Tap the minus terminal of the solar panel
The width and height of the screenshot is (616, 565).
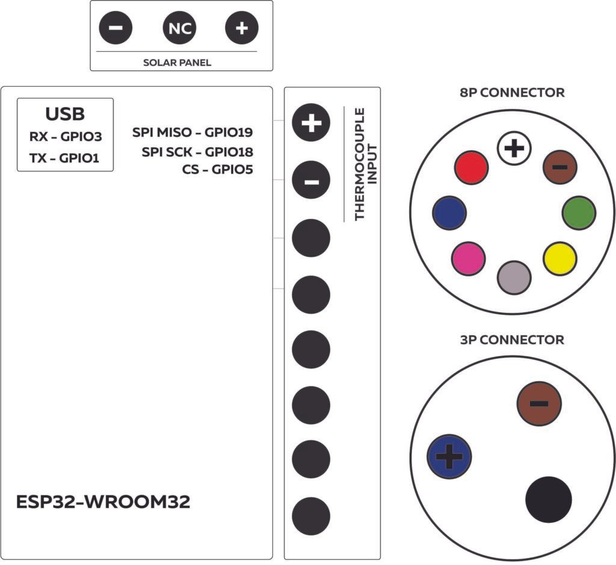[116, 28]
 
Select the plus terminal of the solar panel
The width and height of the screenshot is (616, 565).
[241, 28]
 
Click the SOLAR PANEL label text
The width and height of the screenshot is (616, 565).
[177, 63]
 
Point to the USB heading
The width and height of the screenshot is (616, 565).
[65, 114]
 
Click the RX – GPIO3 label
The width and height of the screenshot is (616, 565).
[66, 137]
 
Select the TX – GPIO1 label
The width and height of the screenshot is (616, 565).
[66, 159]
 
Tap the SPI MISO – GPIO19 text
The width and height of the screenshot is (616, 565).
[192, 132]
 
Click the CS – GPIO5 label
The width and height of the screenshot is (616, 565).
[217, 169]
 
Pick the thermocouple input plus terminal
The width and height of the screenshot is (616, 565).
[311, 123]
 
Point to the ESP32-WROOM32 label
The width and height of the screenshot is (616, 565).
[103, 502]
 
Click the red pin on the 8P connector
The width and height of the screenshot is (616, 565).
[471, 168]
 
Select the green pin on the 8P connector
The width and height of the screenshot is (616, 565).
[579, 212]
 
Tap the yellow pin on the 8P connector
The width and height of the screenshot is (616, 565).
[559, 258]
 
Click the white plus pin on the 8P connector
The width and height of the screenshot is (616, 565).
[513, 148]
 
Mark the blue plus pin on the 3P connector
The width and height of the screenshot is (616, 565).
[449, 456]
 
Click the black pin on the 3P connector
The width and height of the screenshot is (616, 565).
[548, 499]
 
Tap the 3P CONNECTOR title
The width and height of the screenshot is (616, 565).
[512, 340]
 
